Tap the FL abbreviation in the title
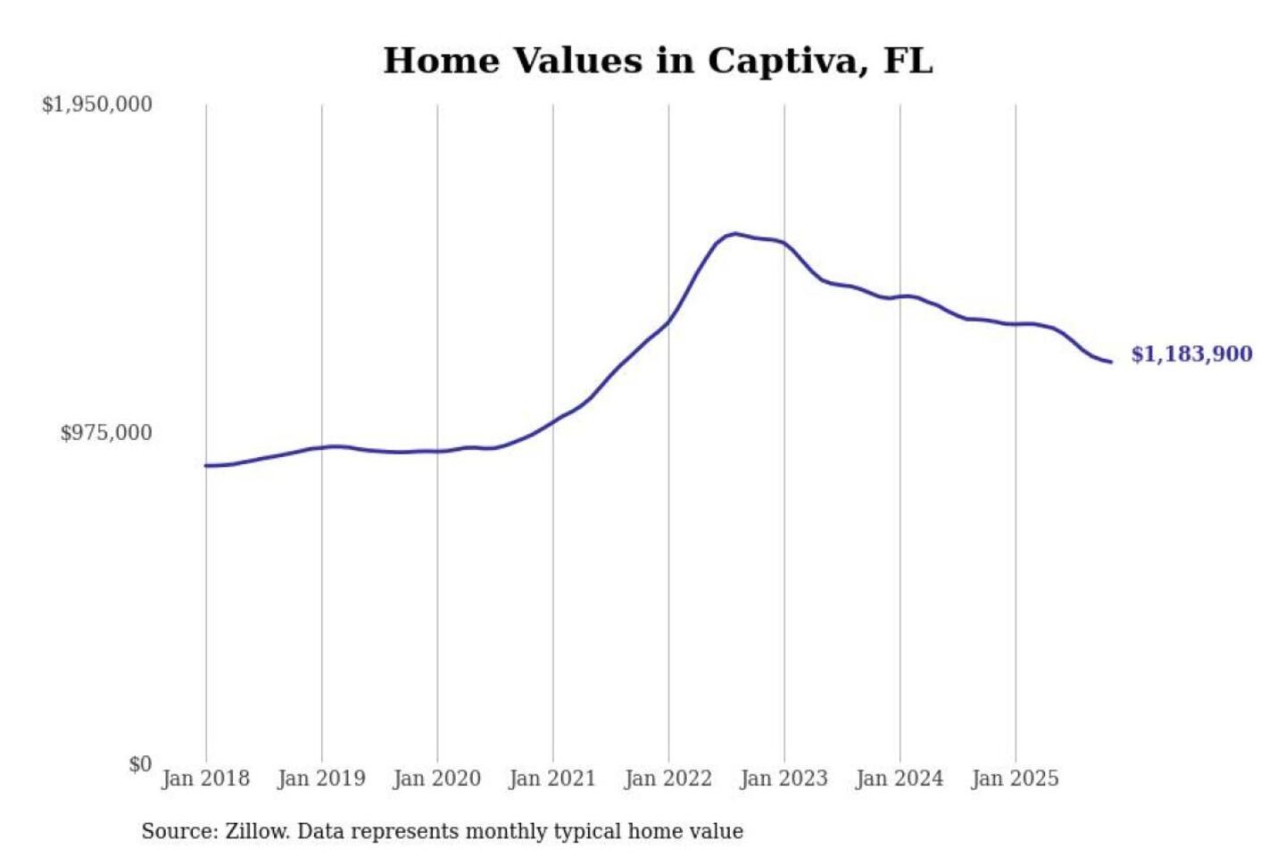[908, 61]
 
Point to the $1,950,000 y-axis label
[96, 104]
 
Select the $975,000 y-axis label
[105, 433]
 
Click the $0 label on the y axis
[140, 764]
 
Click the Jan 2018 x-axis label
[205, 778]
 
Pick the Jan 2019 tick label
[321, 778]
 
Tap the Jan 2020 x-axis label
[436, 778]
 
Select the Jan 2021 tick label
[551, 778]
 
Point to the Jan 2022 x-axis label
[667, 778]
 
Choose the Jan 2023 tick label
[783, 778]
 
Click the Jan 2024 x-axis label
[899, 778]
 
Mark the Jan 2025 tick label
[1015, 778]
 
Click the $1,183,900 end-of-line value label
[1191, 354]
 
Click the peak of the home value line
[734, 234]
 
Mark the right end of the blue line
[1110, 362]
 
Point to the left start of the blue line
[206, 465]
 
